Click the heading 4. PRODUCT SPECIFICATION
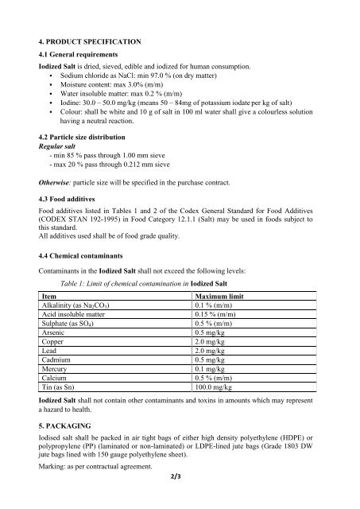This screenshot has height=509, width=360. pyautogui.click(x=91, y=39)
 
